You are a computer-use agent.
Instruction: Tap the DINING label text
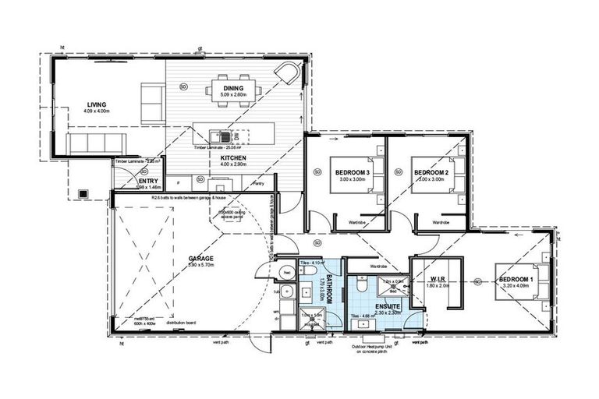click(233, 89)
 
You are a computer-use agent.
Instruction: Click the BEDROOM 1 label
click(517, 278)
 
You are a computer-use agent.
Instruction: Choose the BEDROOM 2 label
click(432, 172)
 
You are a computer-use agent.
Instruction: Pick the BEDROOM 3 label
click(353, 172)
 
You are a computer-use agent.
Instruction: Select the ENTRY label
click(148, 182)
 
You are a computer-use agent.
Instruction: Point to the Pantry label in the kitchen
click(258, 184)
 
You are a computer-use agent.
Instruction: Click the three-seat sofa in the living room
click(94, 144)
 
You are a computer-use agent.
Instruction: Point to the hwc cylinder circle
click(285, 273)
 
